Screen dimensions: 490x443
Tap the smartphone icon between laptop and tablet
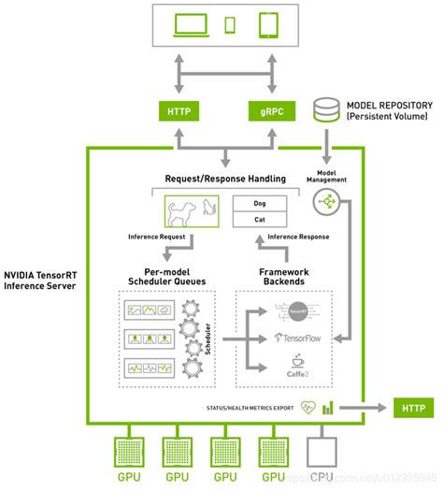[230, 26]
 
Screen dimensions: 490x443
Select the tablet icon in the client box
[267, 25]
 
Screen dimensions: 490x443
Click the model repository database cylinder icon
[327, 111]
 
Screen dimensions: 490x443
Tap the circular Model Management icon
[329, 201]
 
